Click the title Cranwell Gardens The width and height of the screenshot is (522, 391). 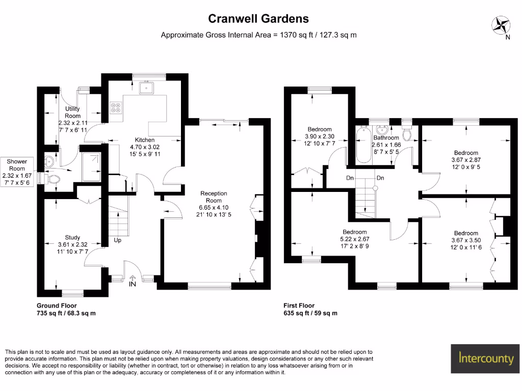(258, 19)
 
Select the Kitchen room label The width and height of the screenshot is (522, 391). (144, 140)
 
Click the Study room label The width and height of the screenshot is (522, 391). (72, 237)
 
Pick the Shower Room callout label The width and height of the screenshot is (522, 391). (16, 165)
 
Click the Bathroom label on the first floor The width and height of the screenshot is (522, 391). (386, 137)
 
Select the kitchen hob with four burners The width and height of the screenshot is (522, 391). (115, 107)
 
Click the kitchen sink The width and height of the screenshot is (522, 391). (149, 88)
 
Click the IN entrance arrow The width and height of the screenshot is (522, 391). (133, 280)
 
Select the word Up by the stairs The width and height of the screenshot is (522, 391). (117, 240)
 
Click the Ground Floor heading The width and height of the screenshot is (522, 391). (57, 305)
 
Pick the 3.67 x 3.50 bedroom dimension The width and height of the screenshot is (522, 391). (466, 240)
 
